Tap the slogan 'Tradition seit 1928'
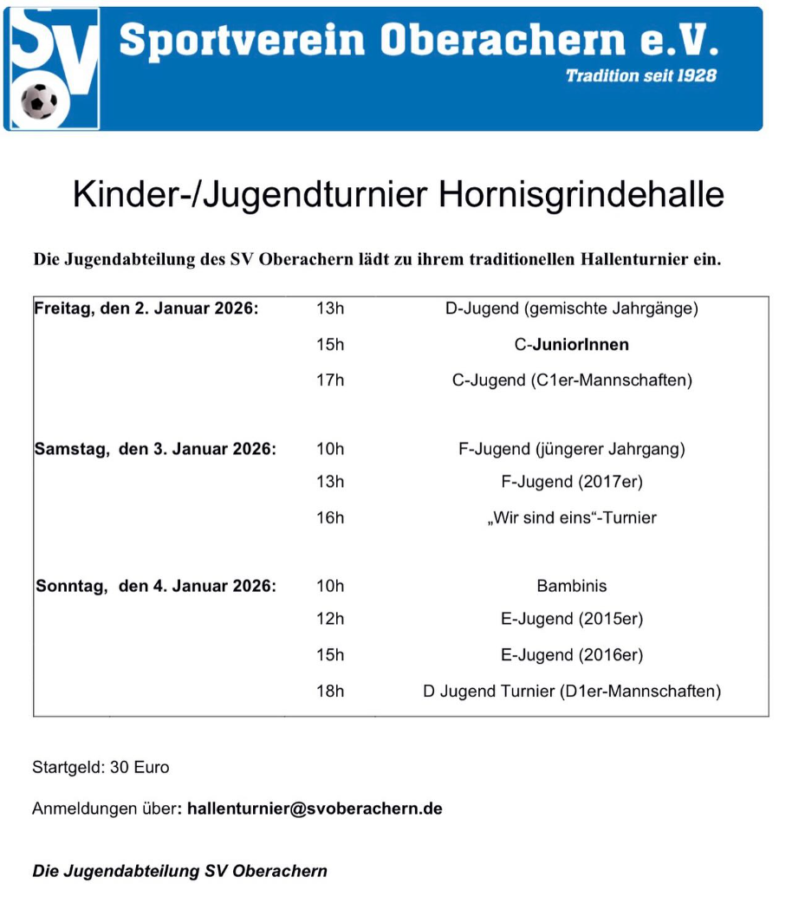point(640,76)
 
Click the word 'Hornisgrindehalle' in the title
point(581,194)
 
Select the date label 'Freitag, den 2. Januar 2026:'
point(146,309)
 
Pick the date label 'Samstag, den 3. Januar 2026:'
point(155,449)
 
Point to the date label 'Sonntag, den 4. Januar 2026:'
point(156,586)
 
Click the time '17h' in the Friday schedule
point(330,380)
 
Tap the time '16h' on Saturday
point(330,517)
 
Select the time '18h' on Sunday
point(330,691)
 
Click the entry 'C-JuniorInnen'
point(571,344)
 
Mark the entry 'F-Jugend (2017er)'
point(571,482)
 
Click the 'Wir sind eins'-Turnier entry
point(571,517)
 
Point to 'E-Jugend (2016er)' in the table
point(571,655)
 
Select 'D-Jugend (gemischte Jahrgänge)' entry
point(571,309)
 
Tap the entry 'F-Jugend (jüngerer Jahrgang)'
point(571,449)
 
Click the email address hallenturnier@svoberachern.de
point(315,809)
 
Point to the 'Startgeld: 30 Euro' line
point(101,767)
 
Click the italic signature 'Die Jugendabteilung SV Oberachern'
point(179,871)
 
